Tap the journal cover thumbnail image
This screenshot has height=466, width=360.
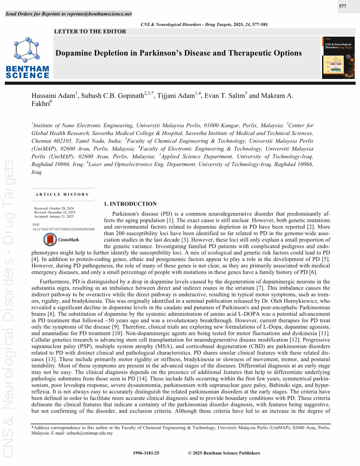pos(338,57)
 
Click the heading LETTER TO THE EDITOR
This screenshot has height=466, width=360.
pos(90,31)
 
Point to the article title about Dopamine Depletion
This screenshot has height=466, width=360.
pos(178,53)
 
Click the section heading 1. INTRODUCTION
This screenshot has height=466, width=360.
pos(130,204)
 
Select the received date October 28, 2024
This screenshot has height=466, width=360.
pos(53,208)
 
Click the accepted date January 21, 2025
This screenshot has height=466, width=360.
pos(53,217)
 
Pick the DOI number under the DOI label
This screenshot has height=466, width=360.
pos(64,229)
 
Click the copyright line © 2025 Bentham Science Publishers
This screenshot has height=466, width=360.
pos(224,453)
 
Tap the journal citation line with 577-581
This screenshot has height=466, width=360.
pos(204,25)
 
